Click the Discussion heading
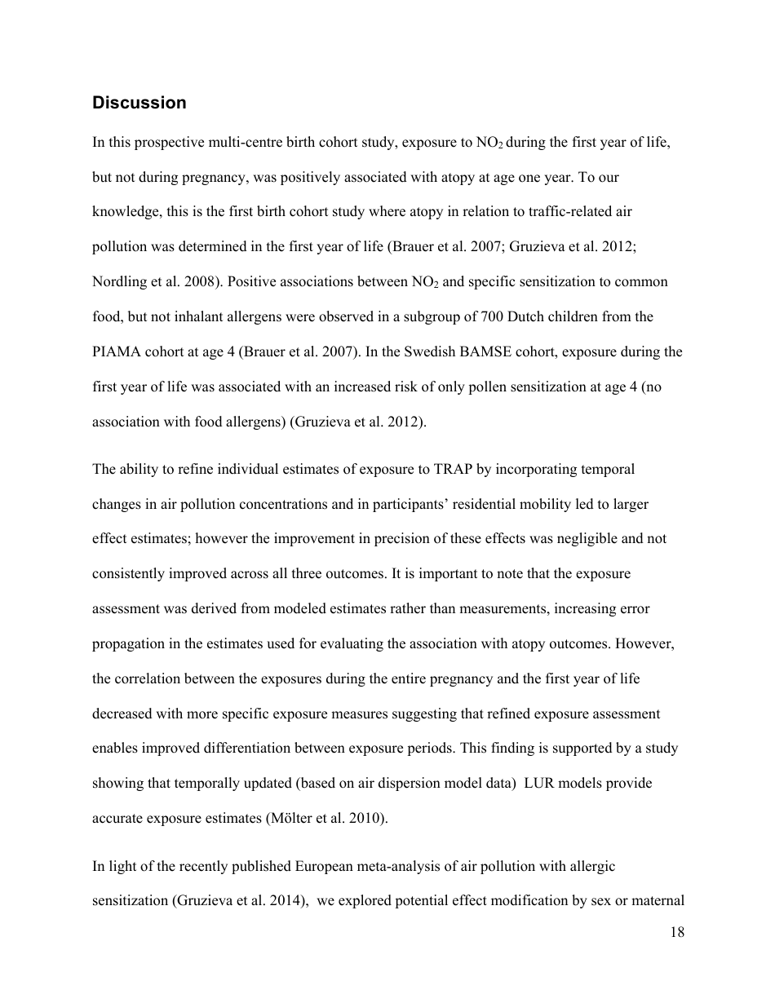pyautogui.click(x=139, y=103)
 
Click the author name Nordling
pyautogui.click(x=117, y=281)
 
